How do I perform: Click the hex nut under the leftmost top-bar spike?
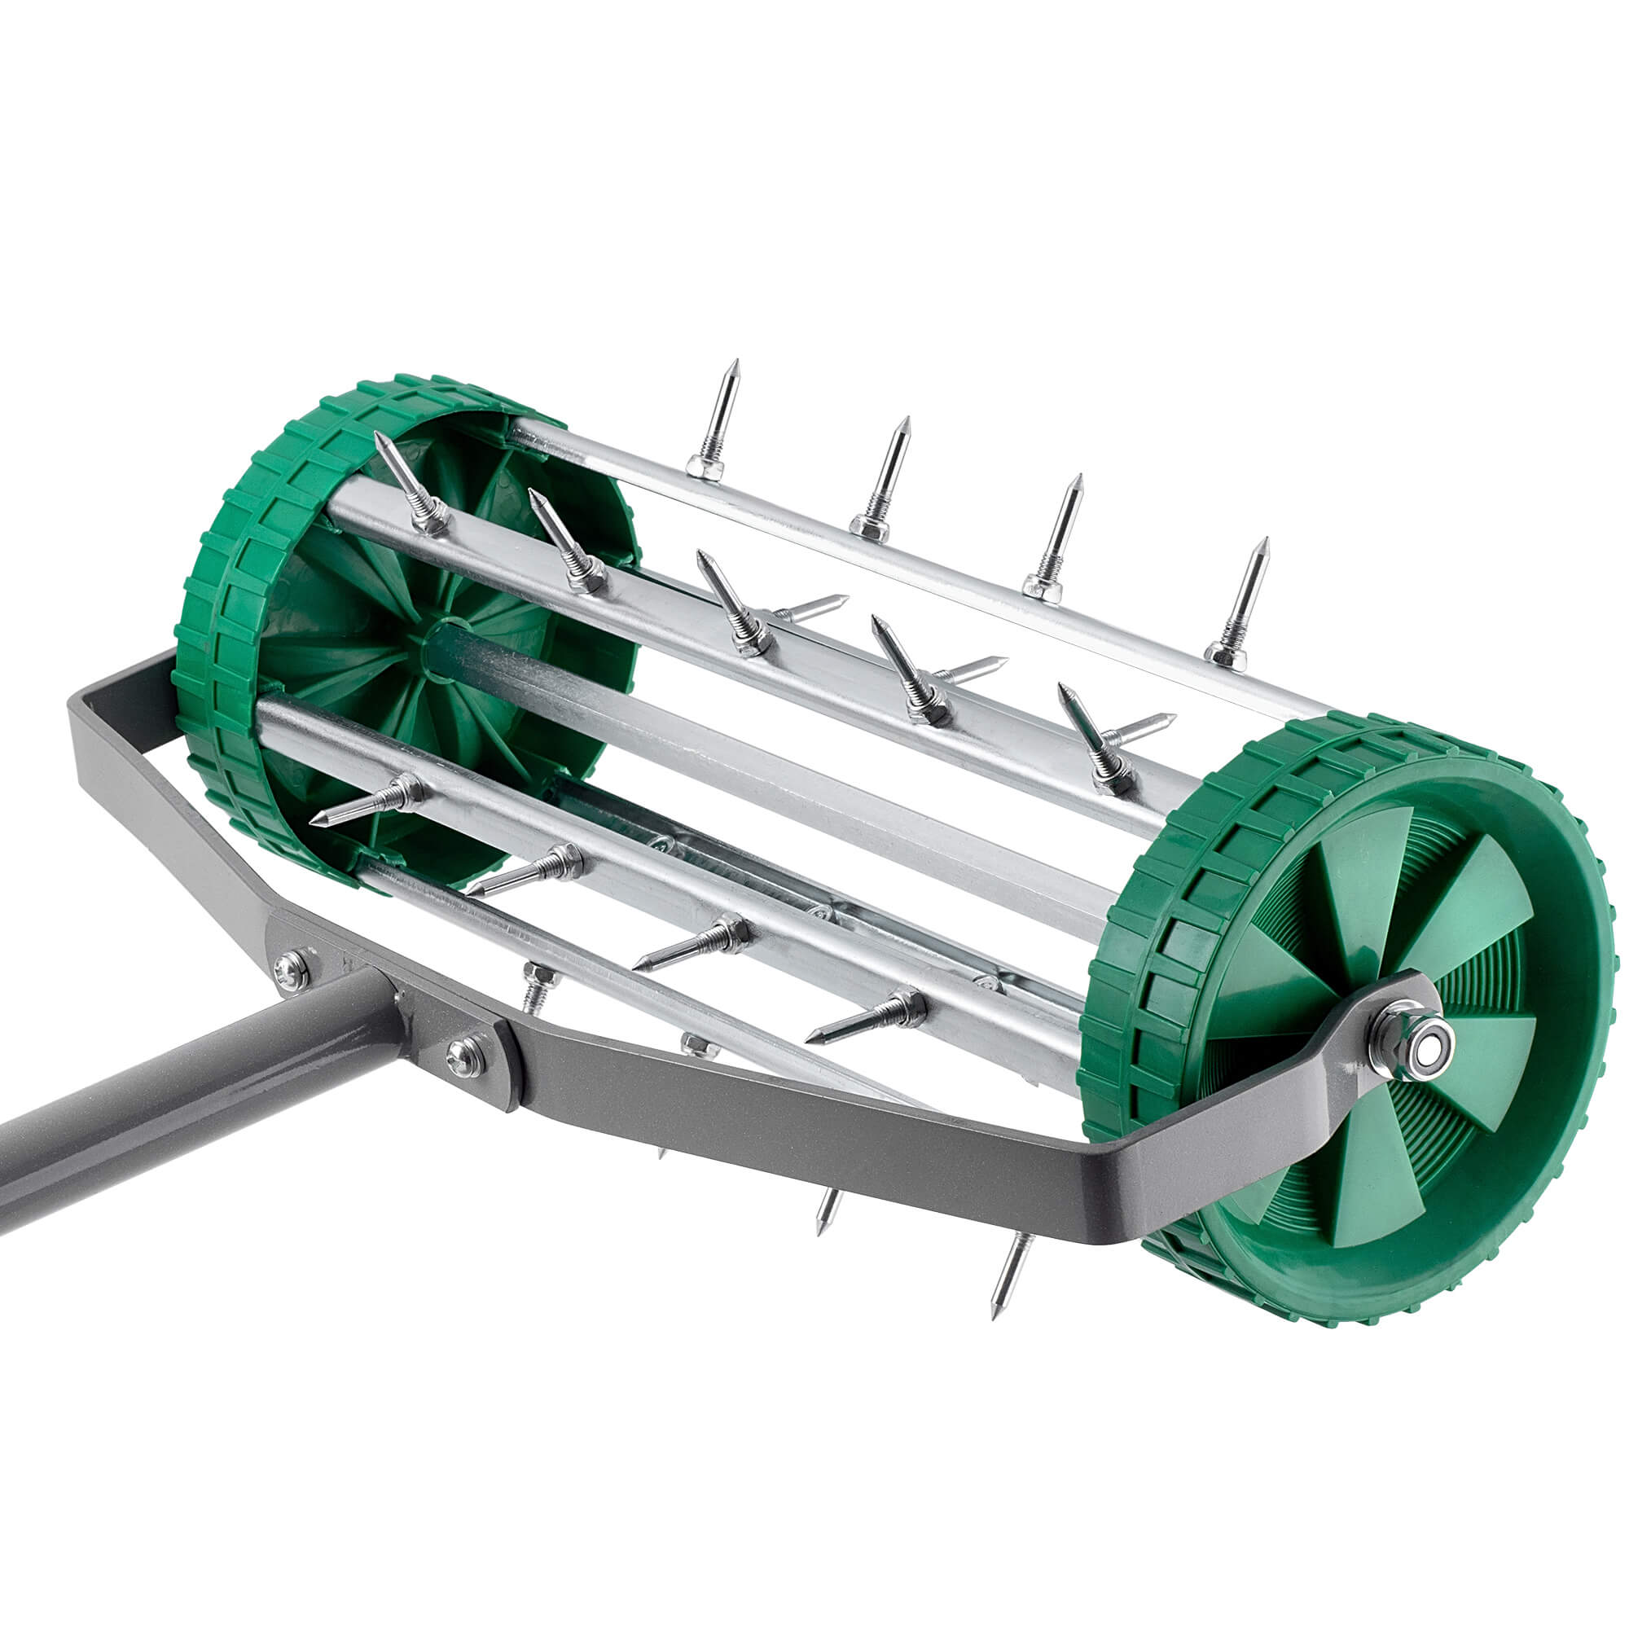point(705,465)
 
